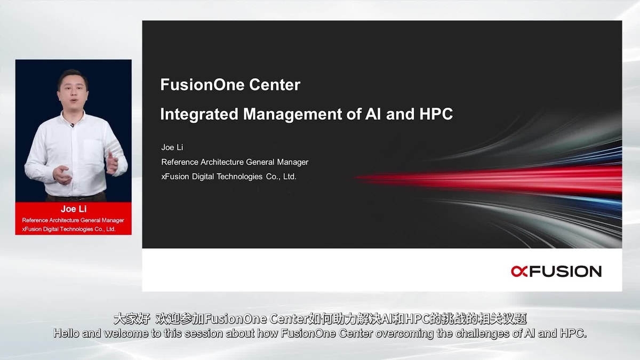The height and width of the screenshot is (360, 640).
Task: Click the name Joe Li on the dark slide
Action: point(172,147)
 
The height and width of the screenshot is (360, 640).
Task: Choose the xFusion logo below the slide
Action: point(556,271)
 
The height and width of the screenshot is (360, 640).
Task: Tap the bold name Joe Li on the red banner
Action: point(74,209)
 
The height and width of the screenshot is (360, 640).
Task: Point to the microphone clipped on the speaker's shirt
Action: point(72,125)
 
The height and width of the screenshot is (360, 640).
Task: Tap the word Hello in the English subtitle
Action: point(66,334)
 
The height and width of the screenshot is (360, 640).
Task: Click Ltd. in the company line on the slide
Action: point(289,176)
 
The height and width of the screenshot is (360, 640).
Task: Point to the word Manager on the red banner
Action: point(113,220)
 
